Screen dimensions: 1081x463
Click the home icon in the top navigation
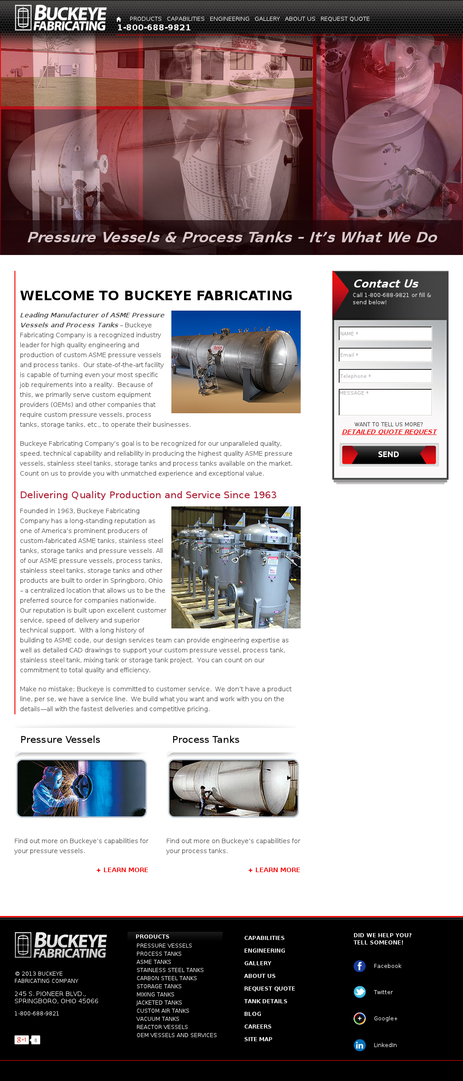(118, 19)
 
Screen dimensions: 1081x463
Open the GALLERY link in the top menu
(267, 19)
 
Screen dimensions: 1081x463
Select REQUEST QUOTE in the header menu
(345, 19)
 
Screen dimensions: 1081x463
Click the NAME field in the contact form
(385, 334)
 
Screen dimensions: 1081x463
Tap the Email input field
(385, 355)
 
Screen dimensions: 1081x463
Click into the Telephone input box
(385, 376)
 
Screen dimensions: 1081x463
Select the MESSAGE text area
(385, 402)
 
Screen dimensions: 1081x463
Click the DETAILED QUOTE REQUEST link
(389, 432)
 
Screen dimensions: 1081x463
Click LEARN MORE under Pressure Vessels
(123, 870)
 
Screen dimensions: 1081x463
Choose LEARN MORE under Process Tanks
(274, 870)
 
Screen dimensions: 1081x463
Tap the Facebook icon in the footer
(359, 966)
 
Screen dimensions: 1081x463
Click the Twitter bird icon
(359, 992)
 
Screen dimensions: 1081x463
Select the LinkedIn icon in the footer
(359, 1045)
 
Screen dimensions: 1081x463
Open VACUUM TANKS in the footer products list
(158, 1019)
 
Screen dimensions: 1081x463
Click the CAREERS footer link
(258, 1027)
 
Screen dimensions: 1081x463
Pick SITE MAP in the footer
(258, 1039)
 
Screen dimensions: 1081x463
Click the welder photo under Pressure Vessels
(82, 788)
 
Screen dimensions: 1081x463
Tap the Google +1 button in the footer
(22, 1040)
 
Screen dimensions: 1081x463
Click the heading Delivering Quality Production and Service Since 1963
(148, 495)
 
